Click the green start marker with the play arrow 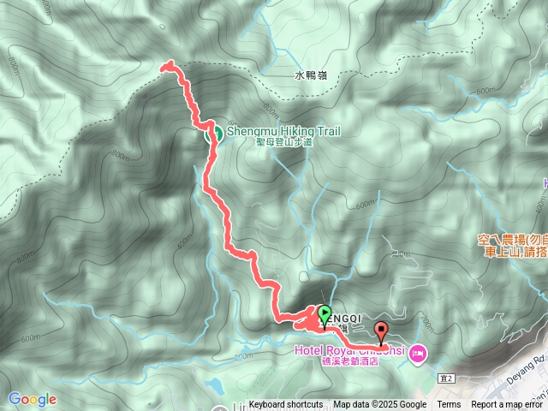coord(325,313)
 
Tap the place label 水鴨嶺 coord(309,75)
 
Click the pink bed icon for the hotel coord(418,351)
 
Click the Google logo coord(33,399)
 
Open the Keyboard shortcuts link coord(286,405)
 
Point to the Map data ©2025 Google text coord(379,405)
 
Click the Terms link coord(449,405)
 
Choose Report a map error coord(509,405)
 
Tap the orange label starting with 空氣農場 coord(512,241)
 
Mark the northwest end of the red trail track coord(164,64)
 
